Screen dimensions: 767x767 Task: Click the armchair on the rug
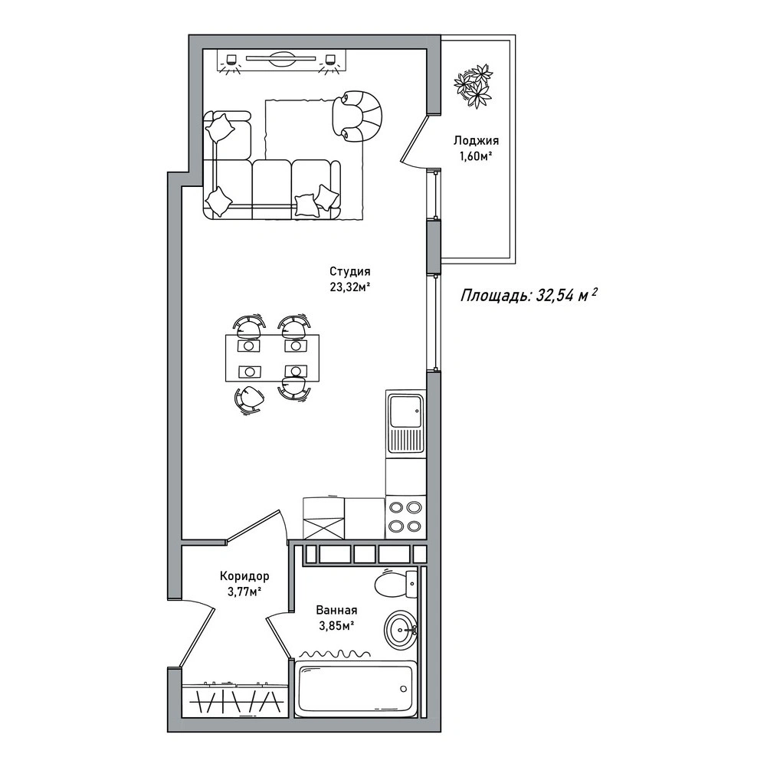[356, 116]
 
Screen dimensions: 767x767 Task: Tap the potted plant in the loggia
[473, 86]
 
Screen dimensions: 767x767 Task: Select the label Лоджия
[476, 141]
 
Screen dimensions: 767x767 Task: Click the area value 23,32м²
[349, 287]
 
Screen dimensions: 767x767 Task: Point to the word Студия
[349, 271]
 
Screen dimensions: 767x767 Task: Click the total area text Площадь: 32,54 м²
[529, 295]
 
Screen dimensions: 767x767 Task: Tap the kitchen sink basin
[405, 411]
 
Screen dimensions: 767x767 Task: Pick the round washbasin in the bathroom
[401, 630]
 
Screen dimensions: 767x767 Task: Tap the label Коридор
[244, 576]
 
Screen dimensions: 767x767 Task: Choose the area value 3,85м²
[336, 626]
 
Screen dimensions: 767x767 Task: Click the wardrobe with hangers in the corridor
[234, 700]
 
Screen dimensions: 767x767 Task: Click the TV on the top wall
[280, 59]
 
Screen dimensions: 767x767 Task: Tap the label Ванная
[336, 610]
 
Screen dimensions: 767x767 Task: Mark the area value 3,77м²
[244, 592]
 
